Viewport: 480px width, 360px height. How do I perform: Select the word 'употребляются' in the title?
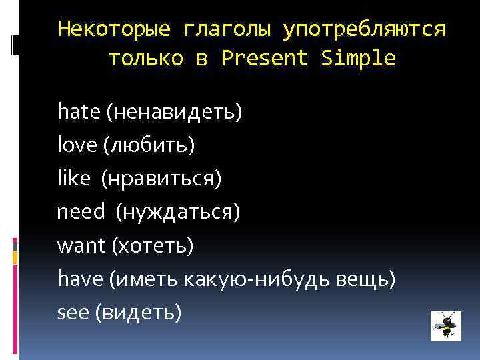click(364, 29)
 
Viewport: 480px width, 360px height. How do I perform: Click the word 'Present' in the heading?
click(265, 59)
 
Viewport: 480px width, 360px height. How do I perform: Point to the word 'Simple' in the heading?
click(358, 59)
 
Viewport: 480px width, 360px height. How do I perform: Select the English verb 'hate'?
click(79, 111)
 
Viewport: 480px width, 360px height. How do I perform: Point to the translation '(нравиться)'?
click(162, 178)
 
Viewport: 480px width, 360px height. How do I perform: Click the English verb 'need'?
click(81, 212)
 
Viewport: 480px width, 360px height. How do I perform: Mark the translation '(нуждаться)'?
click(178, 212)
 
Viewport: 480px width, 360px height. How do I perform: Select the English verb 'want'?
click(81, 245)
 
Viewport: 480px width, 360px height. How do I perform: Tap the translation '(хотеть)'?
click(153, 245)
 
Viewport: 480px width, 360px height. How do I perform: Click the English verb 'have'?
click(79, 279)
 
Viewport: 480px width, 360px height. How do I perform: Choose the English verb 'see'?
click(73, 312)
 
